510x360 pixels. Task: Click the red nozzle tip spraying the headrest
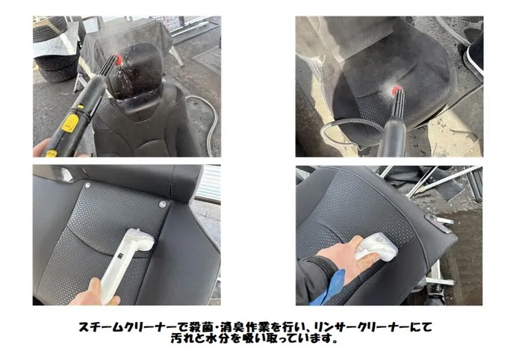tap(119, 59)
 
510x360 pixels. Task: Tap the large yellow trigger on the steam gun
tap(70, 123)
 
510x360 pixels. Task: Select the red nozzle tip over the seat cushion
tap(397, 90)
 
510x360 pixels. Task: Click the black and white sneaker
tap(475, 55)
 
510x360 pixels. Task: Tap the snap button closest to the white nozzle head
tap(162, 205)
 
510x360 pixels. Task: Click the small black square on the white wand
tap(119, 257)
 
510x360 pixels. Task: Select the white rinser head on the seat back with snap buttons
tap(140, 239)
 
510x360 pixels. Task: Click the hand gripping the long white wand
tap(94, 293)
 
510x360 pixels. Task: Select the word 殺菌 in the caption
tap(194, 327)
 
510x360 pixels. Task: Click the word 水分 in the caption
tap(223, 338)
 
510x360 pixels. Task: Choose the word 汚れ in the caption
tap(184, 338)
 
